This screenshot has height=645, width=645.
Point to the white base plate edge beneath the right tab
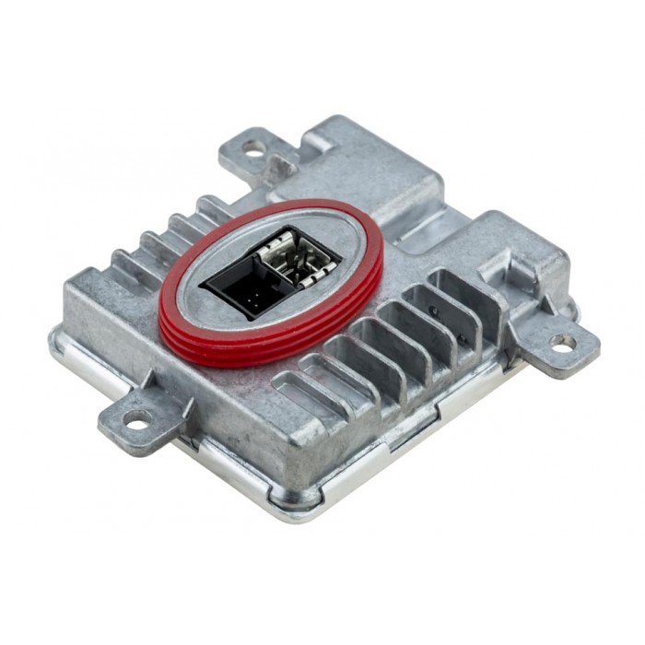tap(516, 369)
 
